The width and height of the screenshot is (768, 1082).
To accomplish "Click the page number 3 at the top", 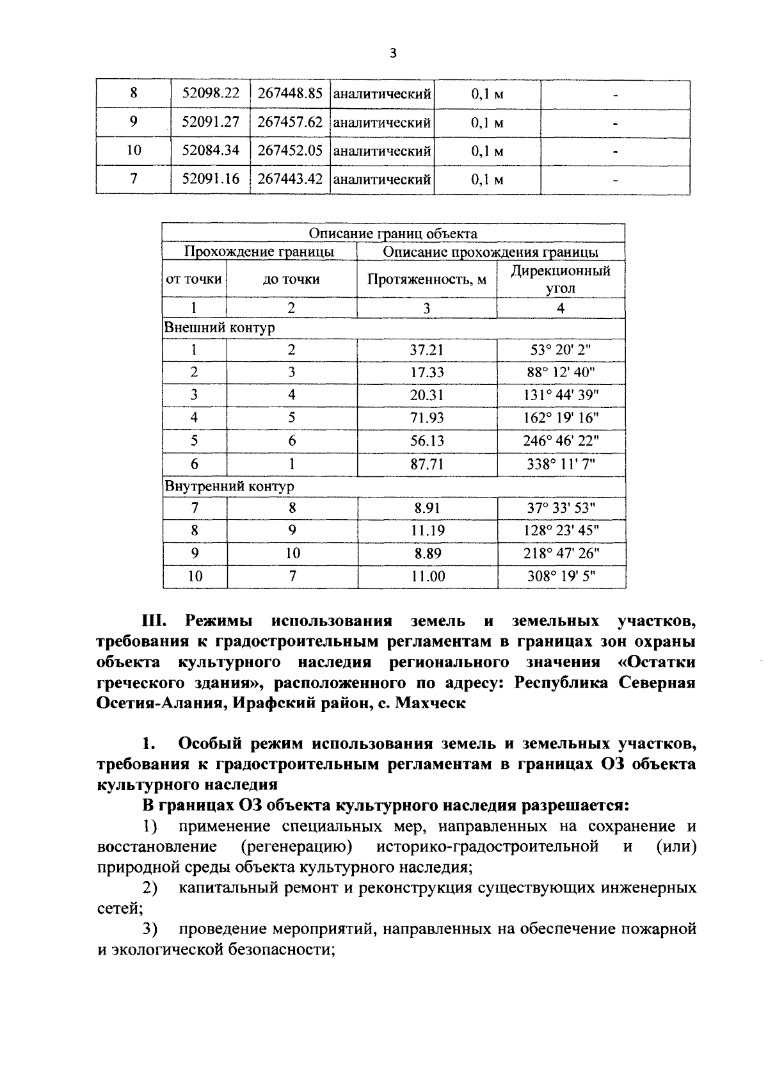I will click(x=393, y=54).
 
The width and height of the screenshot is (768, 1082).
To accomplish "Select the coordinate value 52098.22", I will click(x=211, y=93).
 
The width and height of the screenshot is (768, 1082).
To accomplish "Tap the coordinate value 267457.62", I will click(x=290, y=122).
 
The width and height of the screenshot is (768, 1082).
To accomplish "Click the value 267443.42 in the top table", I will click(x=290, y=179).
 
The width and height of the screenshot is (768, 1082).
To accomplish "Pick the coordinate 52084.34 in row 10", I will click(x=211, y=150).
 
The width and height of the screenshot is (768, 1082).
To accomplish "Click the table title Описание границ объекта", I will click(x=393, y=234).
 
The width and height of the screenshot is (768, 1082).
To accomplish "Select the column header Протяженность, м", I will click(x=426, y=279).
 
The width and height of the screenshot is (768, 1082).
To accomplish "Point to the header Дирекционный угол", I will click(x=561, y=279).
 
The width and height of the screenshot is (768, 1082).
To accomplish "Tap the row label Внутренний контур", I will click(x=229, y=487).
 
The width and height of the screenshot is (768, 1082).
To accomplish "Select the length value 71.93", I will click(x=427, y=418).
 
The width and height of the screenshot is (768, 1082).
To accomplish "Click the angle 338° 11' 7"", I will click(x=561, y=464).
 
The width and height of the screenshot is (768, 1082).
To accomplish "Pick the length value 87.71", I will click(x=427, y=464).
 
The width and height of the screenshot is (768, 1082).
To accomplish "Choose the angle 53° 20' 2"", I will click(x=561, y=350).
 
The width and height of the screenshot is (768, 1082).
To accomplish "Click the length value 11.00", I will click(x=428, y=576).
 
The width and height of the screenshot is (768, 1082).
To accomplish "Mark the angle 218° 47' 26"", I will click(x=561, y=553).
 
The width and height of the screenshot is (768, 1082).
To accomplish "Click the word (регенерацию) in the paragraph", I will click(x=296, y=847).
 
